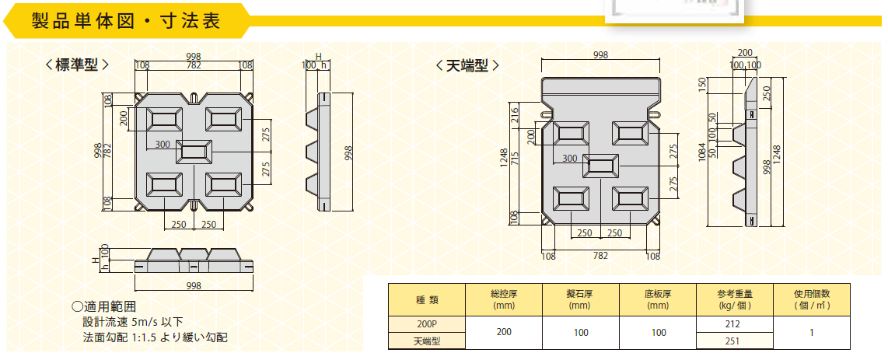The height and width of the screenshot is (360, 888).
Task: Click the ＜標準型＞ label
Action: click(x=76, y=65)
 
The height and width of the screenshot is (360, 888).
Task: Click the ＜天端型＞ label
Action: click(x=467, y=65)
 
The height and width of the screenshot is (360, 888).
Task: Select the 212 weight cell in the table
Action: click(x=735, y=324)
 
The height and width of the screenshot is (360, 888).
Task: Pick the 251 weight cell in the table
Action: click(x=735, y=341)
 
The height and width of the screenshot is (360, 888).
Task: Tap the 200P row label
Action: click(x=426, y=324)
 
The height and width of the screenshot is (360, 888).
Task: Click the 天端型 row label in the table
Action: click(x=426, y=341)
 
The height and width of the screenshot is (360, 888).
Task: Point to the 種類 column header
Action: click(x=426, y=300)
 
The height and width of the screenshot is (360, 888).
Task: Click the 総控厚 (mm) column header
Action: click(x=503, y=300)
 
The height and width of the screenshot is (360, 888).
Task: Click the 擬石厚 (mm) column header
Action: click(x=581, y=300)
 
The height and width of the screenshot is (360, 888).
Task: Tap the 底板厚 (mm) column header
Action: click(x=658, y=300)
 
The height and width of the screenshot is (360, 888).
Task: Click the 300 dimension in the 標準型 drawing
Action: click(x=163, y=145)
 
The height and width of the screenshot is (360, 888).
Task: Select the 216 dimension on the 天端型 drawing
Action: click(x=515, y=115)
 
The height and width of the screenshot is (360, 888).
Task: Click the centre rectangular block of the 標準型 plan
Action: click(x=194, y=152)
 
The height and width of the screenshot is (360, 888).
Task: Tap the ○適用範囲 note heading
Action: click(x=103, y=307)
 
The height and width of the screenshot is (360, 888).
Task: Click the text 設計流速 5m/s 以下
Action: click(x=134, y=322)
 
